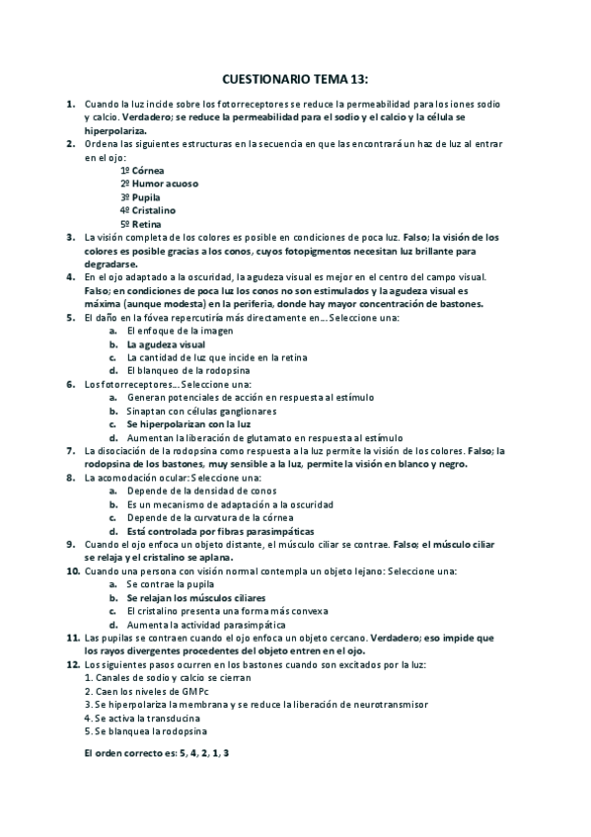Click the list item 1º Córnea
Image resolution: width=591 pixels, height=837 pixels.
(x=142, y=170)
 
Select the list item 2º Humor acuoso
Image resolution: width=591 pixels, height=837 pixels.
(x=156, y=184)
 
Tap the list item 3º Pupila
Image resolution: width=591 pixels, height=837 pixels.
(x=140, y=196)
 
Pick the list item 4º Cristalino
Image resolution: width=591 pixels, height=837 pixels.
(x=148, y=210)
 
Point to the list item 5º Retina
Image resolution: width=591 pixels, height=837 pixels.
(x=141, y=224)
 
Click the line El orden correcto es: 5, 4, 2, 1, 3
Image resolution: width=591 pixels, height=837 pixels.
(x=157, y=753)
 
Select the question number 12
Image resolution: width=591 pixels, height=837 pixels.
(x=72, y=665)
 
